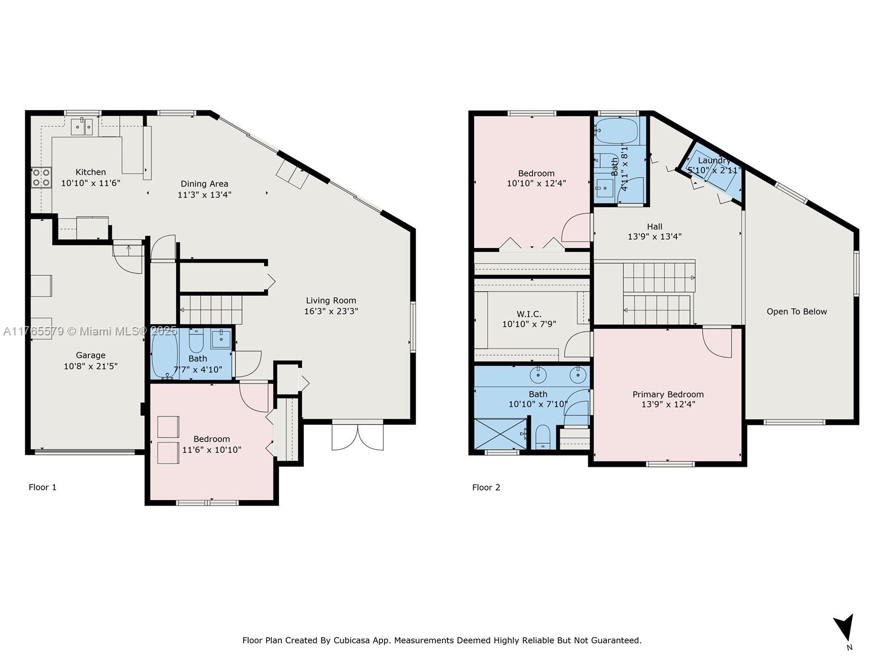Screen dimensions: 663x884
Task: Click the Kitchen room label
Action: (x=91, y=172)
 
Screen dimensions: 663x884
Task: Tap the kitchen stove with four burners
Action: (x=41, y=177)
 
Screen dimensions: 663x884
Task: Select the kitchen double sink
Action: (x=82, y=127)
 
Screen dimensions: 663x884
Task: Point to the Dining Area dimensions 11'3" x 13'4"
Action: (x=204, y=194)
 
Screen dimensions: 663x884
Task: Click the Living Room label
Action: (x=331, y=301)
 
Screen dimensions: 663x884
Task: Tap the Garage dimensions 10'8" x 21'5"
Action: (x=91, y=366)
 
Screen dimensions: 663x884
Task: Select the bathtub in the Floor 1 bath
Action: (x=165, y=353)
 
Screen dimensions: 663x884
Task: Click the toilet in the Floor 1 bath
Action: (x=196, y=341)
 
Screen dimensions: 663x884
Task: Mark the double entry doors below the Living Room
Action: (x=357, y=435)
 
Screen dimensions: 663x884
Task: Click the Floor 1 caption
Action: (x=43, y=487)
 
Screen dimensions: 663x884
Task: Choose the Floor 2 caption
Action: (x=486, y=487)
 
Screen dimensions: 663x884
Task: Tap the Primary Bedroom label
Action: (x=668, y=394)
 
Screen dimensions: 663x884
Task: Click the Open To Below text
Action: (x=797, y=312)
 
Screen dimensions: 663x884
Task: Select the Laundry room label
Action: (x=714, y=160)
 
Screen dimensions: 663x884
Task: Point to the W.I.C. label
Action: (x=529, y=314)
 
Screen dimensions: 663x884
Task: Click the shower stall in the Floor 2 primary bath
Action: (x=500, y=434)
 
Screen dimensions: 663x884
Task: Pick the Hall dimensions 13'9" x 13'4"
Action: (x=655, y=236)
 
